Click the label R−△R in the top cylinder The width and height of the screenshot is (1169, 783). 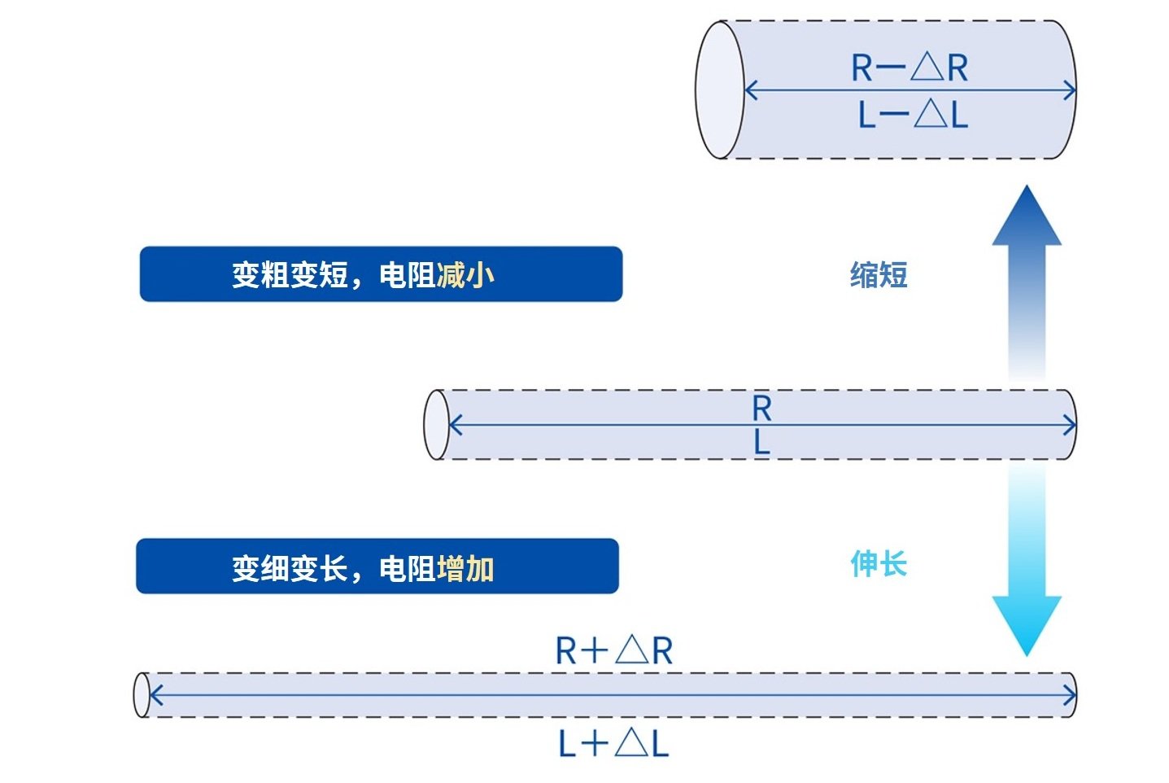click(x=909, y=68)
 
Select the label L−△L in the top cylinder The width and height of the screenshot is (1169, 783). click(x=914, y=114)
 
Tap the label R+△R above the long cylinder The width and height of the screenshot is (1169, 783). click(x=614, y=650)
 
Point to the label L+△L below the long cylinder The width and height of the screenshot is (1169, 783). click(x=613, y=743)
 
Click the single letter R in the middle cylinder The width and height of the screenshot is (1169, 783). click(x=762, y=409)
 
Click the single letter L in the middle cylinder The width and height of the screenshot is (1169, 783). click(x=762, y=444)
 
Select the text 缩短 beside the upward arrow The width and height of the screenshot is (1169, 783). click(x=879, y=274)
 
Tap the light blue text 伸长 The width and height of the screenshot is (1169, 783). click(x=879, y=564)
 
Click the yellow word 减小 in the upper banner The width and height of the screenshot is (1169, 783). click(x=465, y=274)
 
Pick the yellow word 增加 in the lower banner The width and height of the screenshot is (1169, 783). click(x=465, y=568)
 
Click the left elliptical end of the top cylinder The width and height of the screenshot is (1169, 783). click(x=720, y=90)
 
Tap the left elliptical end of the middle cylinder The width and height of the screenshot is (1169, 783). click(x=436, y=425)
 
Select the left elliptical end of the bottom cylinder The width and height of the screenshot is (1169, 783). click(x=142, y=695)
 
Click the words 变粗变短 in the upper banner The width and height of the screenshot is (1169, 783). click(x=290, y=274)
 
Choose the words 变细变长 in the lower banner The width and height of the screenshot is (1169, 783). click(x=290, y=568)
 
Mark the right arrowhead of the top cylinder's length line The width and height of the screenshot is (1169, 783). click(x=1070, y=90)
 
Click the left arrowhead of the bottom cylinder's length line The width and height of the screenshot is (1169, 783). click(x=156, y=695)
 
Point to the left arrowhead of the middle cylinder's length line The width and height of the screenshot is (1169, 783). click(x=455, y=425)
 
